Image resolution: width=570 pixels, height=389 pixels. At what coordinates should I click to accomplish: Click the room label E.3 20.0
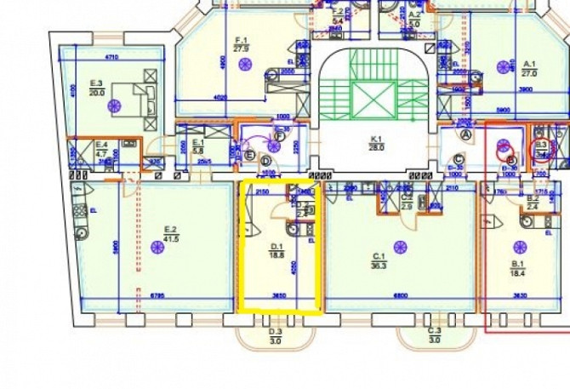point(96,88)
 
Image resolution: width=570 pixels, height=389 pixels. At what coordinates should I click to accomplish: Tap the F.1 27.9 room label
point(240,44)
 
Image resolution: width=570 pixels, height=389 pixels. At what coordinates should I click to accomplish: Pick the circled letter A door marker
point(465,133)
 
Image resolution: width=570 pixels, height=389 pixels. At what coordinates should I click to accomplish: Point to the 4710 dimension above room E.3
point(111,56)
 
